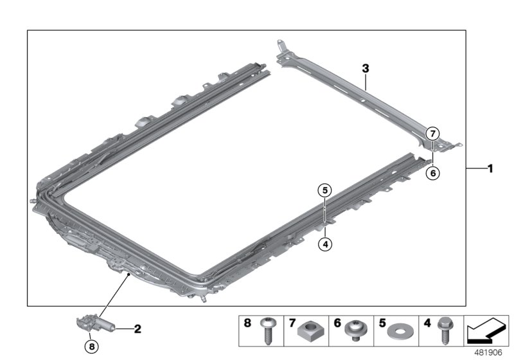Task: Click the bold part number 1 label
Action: (490, 169)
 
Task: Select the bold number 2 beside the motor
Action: (137, 329)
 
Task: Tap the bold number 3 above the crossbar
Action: (365, 67)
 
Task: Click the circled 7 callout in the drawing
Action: (432, 134)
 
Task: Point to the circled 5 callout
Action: (325, 190)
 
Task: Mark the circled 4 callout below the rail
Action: (325, 244)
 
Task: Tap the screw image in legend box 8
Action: (267, 332)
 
